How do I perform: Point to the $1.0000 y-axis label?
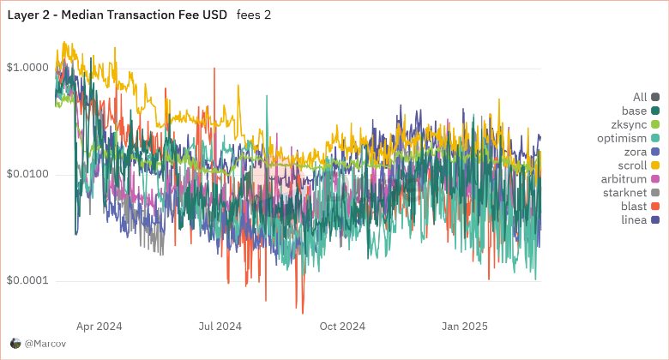pos(27,67)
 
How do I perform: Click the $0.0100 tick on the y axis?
pos(27,174)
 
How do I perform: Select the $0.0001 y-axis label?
pos(27,281)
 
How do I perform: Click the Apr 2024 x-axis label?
pos(99,327)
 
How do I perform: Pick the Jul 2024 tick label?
pos(220,327)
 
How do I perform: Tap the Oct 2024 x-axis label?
pos(342,327)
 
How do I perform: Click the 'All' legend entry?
pos(640,98)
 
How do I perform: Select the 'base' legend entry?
pos(635,111)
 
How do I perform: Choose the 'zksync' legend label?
pos(631,125)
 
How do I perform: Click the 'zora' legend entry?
pos(635,153)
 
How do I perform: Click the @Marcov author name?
pos(45,343)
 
